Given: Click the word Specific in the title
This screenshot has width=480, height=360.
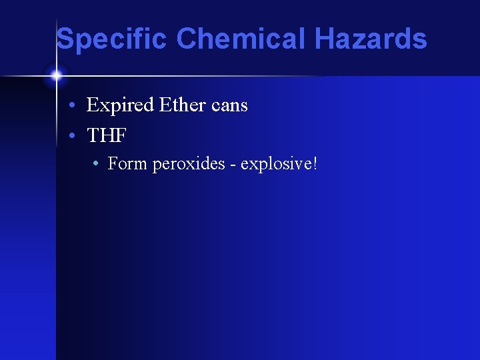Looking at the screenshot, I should point(112,39).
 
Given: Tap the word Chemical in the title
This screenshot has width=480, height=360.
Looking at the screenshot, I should point(243,39).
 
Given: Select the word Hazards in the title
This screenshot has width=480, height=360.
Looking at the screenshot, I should point(371,39).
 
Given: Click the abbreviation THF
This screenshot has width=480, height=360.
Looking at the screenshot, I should point(107,135).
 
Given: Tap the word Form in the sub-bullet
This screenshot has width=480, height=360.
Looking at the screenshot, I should point(127,163).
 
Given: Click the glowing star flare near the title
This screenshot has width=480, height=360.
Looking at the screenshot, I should point(56,74).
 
